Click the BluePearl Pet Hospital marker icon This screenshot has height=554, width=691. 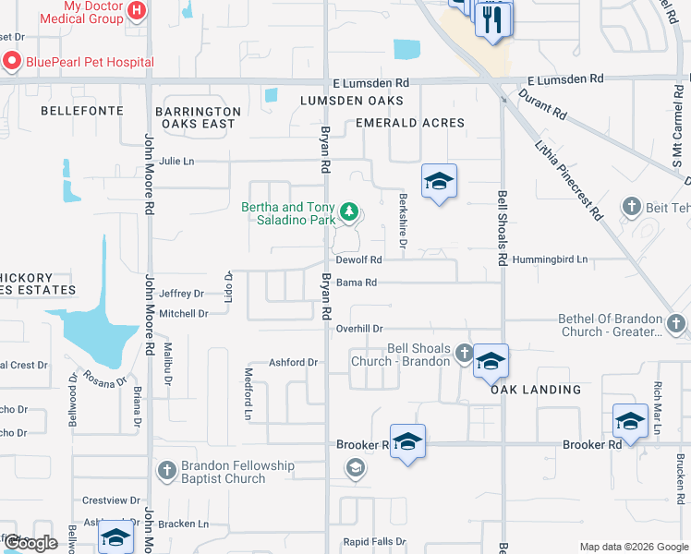(x=12, y=62)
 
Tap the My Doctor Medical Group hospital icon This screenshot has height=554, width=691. (x=137, y=11)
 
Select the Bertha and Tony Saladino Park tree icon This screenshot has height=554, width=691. (x=349, y=213)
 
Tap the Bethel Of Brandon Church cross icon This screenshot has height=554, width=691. (x=676, y=324)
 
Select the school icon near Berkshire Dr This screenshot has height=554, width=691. (x=439, y=181)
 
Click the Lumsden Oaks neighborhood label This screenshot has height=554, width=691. (x=351, y=100)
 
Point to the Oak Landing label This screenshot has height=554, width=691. (x=536, y=390)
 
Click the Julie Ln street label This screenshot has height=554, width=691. (x=176, y=161)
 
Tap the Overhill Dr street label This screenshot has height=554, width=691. (x=359, y=328)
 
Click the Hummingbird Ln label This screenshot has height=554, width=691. (x=551, y=260)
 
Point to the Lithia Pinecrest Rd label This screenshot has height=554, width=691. (x=570, y=180)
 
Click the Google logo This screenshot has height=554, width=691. (x=31, y=543)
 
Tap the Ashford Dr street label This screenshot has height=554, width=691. (x=293, y=363)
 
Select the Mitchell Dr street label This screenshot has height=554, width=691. (x=184, y=314)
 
